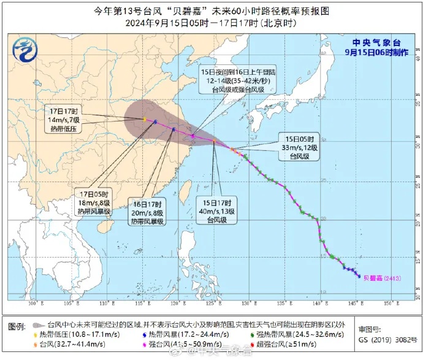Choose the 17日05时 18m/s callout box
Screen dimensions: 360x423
[93, 202]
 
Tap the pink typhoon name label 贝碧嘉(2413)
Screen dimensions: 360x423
[380, 278]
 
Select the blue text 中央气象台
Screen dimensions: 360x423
[376, 42]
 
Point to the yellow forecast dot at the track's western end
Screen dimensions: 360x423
[144, 119]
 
